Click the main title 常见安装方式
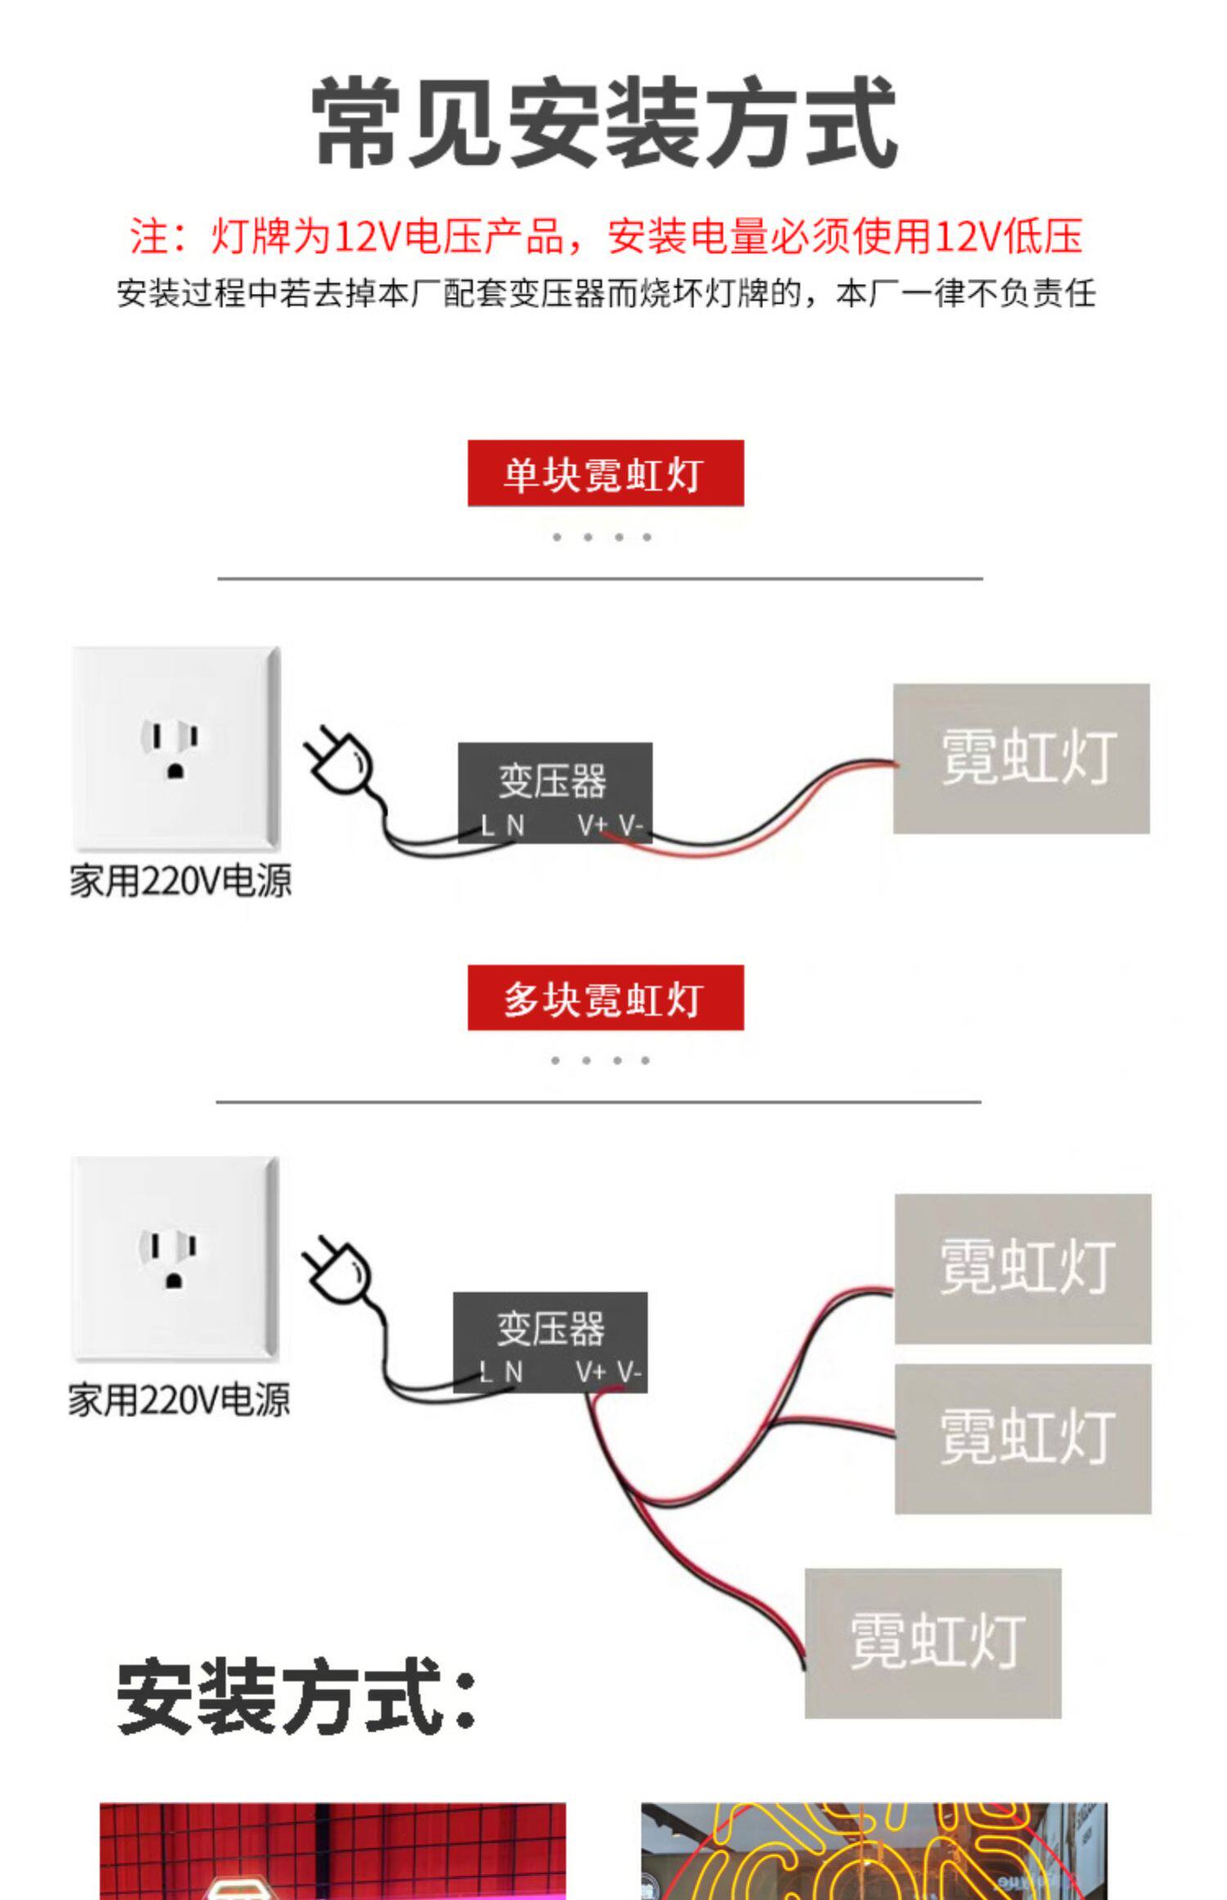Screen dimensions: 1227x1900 (606, 123)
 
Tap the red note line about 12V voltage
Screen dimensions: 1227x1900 (606, 236)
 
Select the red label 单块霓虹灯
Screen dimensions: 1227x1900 (605, 473)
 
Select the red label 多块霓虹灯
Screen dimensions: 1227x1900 (605, 997)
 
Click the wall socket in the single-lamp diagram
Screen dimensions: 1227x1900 (176, 748)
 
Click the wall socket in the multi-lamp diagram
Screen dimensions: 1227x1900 (175, 1258)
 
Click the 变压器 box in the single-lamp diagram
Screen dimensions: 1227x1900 (555, 792)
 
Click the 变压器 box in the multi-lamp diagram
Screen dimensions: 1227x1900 (551, 1342)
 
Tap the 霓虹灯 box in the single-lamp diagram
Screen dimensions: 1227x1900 (1021, 759)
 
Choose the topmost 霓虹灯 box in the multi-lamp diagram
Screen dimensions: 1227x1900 (1022, 1268)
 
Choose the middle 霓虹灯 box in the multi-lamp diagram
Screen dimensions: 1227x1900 (1022, 1439)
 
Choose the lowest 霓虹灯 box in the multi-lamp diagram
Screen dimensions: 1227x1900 (933, 1643)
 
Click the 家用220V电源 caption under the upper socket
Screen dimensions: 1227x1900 (180, 881)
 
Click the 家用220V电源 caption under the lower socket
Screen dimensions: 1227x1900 (178, 1400)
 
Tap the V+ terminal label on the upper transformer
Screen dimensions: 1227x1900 (592, 826)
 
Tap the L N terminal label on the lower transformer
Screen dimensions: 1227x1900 (501, 1372)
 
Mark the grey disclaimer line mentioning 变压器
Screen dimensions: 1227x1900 (606, 293)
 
